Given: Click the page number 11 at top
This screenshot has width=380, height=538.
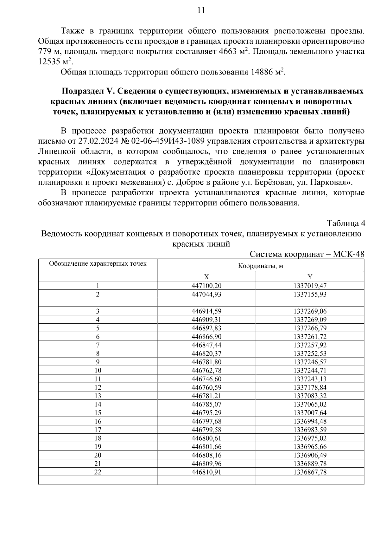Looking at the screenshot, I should point(201,10).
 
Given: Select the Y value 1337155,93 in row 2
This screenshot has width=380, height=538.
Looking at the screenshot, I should point(310,294).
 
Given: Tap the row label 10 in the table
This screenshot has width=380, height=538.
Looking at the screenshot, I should point(98,370).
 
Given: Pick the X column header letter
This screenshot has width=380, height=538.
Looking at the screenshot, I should point(206,276).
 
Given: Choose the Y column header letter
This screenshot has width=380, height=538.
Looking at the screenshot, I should point(310,276).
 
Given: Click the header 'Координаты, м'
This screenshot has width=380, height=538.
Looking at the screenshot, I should point(260,266).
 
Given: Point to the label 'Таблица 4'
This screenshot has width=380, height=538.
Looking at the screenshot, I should point(346,223).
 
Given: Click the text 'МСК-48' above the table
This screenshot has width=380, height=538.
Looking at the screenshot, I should point(349,254).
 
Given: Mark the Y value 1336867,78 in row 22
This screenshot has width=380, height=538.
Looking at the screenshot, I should point(310,472).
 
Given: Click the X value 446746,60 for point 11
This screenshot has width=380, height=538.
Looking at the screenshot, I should point(206,379).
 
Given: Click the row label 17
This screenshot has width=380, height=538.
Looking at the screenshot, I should point(98,430).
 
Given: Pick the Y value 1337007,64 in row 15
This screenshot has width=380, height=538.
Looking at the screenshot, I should point(310,413).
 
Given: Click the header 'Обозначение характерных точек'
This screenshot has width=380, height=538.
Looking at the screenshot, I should point(98,263).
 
